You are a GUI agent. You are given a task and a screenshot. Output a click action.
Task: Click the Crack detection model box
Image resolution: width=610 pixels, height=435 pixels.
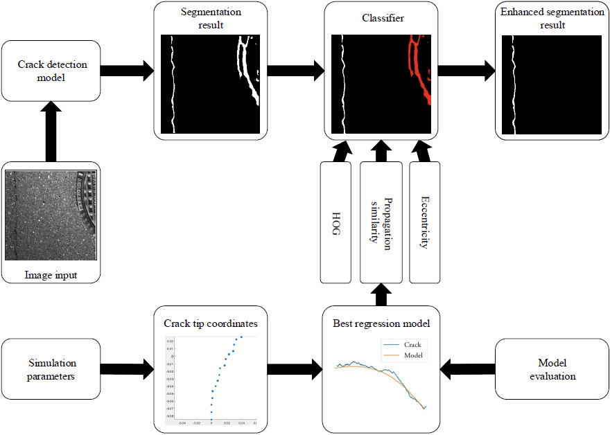[52, 70]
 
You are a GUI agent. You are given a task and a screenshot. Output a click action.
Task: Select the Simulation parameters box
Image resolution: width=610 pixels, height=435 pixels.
[52, 369]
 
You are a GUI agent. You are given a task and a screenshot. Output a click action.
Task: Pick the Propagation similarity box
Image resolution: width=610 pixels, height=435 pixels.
[381, 222]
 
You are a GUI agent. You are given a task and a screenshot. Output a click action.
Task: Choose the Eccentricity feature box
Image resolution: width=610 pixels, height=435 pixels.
[425, 222]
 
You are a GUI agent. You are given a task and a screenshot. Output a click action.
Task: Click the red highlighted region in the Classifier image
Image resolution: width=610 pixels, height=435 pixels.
[419, 69]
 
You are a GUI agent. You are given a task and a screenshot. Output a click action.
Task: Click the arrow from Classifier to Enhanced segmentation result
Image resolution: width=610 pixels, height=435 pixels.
[466, 70]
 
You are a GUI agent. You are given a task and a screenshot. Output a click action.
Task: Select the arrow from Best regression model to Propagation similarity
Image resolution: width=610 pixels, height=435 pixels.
[381, 294]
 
